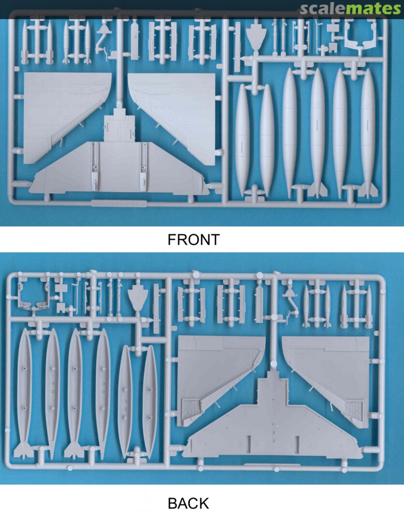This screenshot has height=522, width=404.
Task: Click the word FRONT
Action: [194, 240]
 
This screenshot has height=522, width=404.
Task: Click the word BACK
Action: [188, 503]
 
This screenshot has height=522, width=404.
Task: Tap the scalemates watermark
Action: [350, 9]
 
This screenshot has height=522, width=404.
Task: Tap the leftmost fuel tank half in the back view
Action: [23, 393]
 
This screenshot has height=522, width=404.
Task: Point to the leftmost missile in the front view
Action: [25, 42]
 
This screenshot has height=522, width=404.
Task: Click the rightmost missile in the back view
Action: [368, 306]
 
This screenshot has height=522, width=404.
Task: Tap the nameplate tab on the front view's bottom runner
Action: [118, 203]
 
